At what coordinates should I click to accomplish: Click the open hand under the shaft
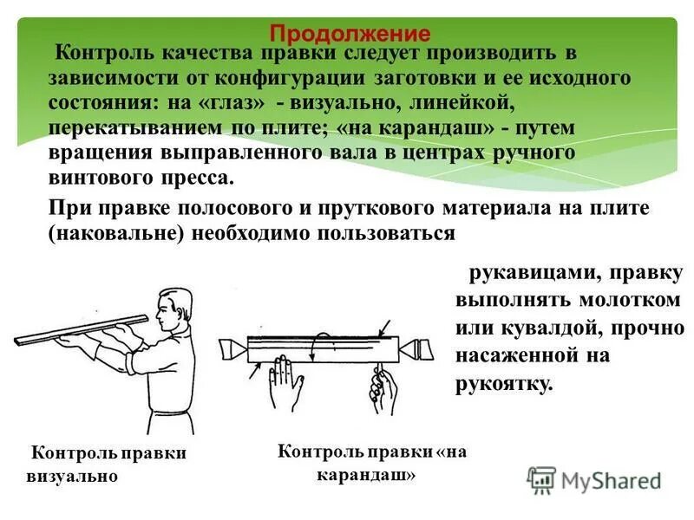click(282, 382)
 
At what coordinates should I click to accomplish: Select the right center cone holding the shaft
click(419, 349)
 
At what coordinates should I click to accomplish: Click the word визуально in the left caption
click(71, 478)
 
